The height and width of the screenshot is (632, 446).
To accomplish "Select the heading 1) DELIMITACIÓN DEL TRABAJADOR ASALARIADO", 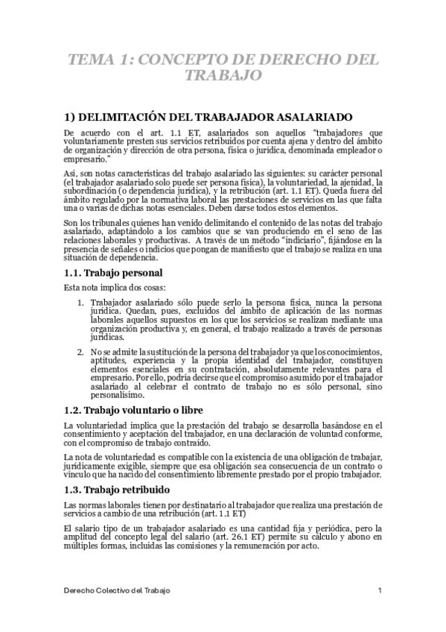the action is click(x=214, y=116).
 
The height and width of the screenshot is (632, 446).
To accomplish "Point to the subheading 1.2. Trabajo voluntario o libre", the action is click(x=133, y=411).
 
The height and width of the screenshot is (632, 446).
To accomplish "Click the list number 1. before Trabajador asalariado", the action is click(x=81, y=300).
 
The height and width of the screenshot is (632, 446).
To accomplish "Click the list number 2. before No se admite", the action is click(x=81, y=351).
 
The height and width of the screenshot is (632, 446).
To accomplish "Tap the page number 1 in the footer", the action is click(x=380, y=590).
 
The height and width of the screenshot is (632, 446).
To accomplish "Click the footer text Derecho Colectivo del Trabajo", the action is click(x=116, y=590).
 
